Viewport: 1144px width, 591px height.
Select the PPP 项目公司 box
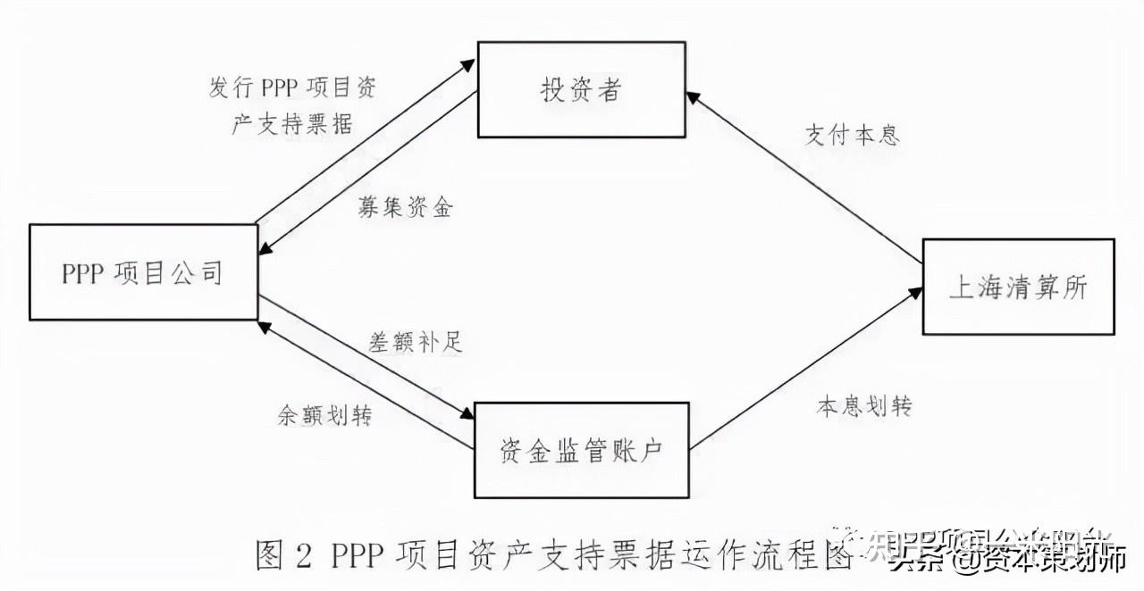pos(142,272)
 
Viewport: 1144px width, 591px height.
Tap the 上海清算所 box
pos(1018,287)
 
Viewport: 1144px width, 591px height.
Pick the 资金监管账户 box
pos(580,450)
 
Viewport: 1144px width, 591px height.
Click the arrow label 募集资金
pos(407,207)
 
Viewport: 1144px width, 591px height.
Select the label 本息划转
pos(863,405)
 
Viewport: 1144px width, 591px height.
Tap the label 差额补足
pos(416,341)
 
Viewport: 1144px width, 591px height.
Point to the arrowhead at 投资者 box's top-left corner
pos(468,63)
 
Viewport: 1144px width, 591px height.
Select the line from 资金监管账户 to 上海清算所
pos(804,366)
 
